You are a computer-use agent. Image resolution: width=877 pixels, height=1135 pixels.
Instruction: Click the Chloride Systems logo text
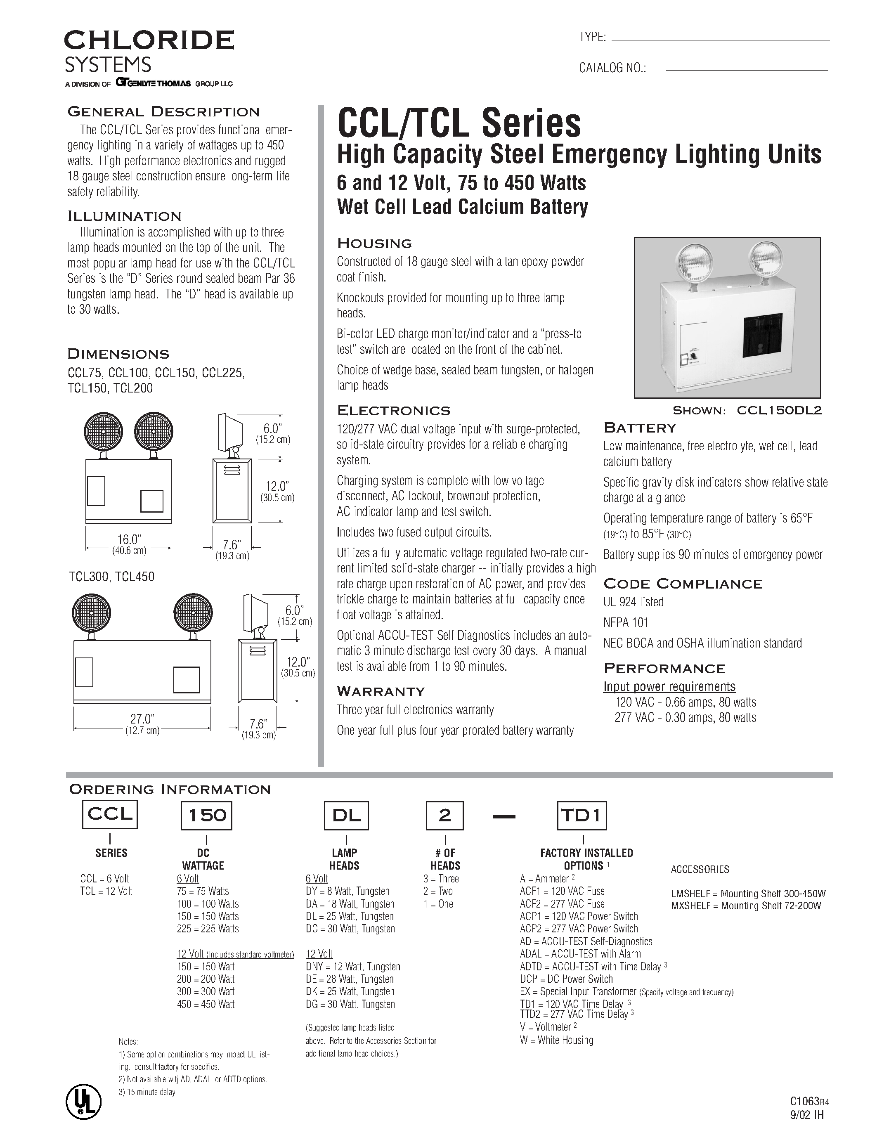coord(149,51)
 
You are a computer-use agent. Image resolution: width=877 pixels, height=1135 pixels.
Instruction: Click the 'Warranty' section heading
coord(381,691)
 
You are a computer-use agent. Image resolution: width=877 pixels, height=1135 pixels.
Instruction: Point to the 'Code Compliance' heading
coord(683,584)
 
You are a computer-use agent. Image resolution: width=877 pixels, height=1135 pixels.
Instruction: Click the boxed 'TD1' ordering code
coord(582,816)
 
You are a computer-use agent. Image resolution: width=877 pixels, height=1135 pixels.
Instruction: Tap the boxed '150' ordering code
coord(206,816)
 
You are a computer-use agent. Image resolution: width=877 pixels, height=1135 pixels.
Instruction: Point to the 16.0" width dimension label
coord(129,539)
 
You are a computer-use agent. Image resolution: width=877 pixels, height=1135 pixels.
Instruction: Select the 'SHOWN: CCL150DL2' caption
coord(747,411)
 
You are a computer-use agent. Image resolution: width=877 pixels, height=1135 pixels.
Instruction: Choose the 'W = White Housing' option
coord(556,1040)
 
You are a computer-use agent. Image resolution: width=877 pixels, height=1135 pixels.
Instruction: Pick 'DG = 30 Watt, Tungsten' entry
coord(350,1004)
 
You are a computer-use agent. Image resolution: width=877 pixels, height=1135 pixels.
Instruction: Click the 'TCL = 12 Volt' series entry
coord(106,891)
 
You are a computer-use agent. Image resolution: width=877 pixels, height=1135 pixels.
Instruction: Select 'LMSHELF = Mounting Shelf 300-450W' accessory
coord(748,894)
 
